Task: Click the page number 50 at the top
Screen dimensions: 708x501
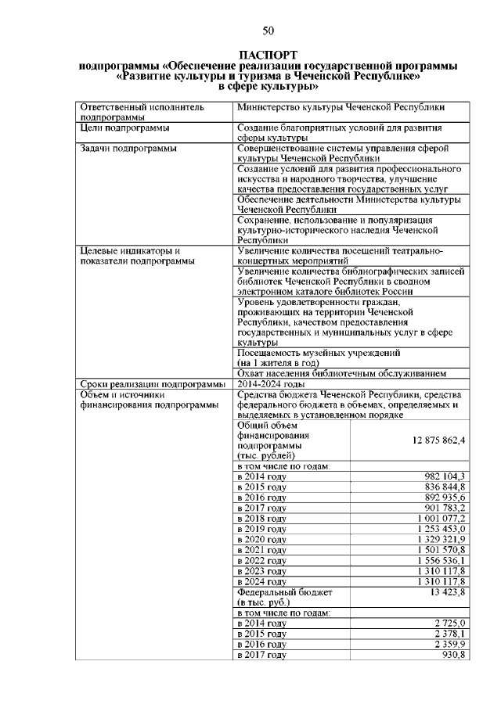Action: point(268,31)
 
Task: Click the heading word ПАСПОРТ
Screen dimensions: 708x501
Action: point(269,56)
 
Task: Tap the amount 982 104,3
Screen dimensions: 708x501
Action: point(444,476)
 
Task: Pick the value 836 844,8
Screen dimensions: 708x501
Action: point(444,487)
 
